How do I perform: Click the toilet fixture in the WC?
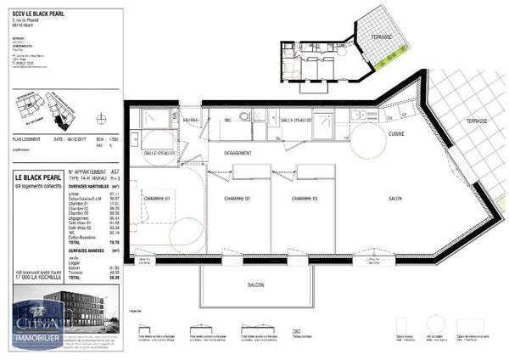[243, 117]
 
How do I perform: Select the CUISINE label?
[396, 134]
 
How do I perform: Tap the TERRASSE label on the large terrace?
[476, 121]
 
